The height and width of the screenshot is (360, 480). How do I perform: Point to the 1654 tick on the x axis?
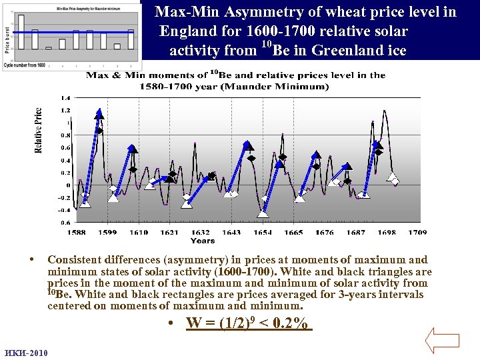[x=263, y=233]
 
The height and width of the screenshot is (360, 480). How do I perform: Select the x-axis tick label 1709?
[x=417, y=233]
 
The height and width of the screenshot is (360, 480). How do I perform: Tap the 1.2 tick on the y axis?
[x=65, y=110]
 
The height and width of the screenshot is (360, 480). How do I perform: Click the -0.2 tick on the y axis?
[x=63, y=198]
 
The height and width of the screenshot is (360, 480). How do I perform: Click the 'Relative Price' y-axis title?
[x=39, y=130]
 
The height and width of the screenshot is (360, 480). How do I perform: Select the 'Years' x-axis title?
[x=203, y=241]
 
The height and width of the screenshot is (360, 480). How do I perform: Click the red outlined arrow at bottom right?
[x=443, y=339]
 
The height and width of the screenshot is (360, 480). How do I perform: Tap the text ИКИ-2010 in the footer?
[x=25, y=353]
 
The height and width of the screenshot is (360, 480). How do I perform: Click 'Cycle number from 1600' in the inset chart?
[x=25, y=65]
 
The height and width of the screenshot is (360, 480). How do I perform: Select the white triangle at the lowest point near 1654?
[x=264, y=213]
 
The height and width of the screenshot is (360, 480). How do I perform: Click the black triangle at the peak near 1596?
[x=99, y=114]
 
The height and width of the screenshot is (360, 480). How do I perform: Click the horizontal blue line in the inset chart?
[x=73, y=32]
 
